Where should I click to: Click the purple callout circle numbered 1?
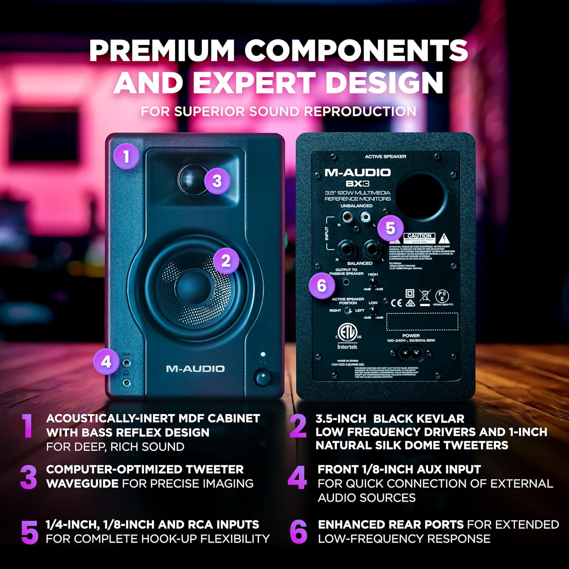tap(126, 156)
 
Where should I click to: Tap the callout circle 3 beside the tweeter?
tap(217, 181)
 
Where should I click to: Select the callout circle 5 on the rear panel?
tap(390, 228)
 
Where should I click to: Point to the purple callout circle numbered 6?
tap(322, 285)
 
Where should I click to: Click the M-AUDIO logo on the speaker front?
tap(195, 369)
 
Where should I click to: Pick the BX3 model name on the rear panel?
tap(357, 184)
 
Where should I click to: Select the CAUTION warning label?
tap(419, 236)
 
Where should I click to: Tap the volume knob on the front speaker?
tap(262, 378)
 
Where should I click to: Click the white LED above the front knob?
tap(262, 354)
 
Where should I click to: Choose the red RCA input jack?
tap(347, 217)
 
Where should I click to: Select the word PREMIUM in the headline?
tap(162, 50)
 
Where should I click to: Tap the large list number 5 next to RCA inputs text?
tap(30, 532)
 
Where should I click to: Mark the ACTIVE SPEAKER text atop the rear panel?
tap(385, 157)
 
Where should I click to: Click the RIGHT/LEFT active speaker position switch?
tap(348, 311)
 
